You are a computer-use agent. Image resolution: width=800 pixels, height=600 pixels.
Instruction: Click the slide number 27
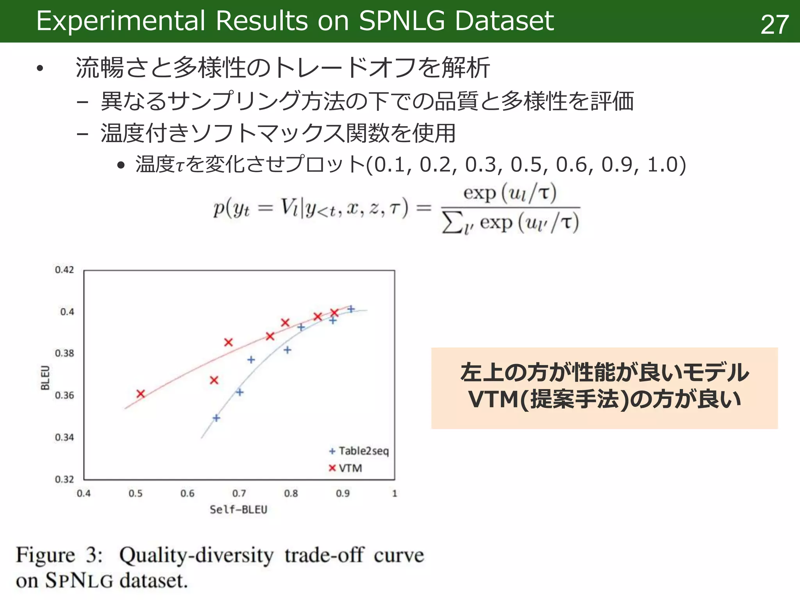(x=774, y=25)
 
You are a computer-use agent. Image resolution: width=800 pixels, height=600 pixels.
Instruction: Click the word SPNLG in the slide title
(x=402, y=21)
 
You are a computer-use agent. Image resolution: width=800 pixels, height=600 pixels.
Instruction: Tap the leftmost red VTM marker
(x=141, y=394)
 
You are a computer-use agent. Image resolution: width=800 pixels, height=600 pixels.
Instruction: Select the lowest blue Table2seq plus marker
(x=216, y=418)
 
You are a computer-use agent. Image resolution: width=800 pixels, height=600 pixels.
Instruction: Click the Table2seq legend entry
(x=359, y=451)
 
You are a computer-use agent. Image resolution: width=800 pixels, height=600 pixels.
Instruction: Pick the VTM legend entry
(x=346, y=468)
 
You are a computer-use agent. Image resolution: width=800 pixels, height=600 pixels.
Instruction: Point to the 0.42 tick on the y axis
(x=64, y=270)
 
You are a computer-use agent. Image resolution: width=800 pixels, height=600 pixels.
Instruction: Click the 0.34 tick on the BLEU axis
(x=64, y=437)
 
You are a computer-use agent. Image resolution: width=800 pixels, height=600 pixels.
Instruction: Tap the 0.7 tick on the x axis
(x=239, y=493)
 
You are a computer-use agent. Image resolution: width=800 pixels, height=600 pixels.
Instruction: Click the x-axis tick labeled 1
(x=395, y=493)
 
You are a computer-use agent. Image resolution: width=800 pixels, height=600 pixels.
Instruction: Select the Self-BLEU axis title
(x=238, y=510)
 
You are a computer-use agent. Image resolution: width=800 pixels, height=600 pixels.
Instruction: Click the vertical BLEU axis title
(x=45, y=377)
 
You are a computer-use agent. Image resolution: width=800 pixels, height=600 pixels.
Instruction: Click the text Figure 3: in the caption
(x=59, y=555)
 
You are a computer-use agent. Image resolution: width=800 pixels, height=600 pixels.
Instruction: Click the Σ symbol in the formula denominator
(x=452, y=223)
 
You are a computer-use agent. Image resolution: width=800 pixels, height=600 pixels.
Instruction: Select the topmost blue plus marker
(x=351, y=309)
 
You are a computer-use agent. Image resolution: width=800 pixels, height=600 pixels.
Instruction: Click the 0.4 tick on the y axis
(x=67, y=312)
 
